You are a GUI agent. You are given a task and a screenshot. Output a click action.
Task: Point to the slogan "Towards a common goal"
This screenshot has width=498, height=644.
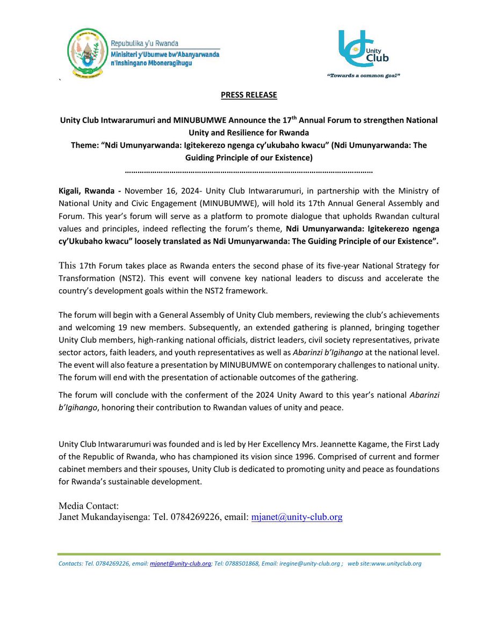click(x=364, y=76)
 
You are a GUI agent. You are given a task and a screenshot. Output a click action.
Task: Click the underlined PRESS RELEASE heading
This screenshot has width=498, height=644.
click(x=249, y=95)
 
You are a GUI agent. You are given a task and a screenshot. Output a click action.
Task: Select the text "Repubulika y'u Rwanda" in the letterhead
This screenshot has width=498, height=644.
click(x=145, y=43)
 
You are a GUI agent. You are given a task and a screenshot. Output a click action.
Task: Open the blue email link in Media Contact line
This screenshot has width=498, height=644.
click(x=297, y=517)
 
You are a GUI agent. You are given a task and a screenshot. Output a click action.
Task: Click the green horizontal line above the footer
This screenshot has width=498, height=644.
click(x=249, y=554)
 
